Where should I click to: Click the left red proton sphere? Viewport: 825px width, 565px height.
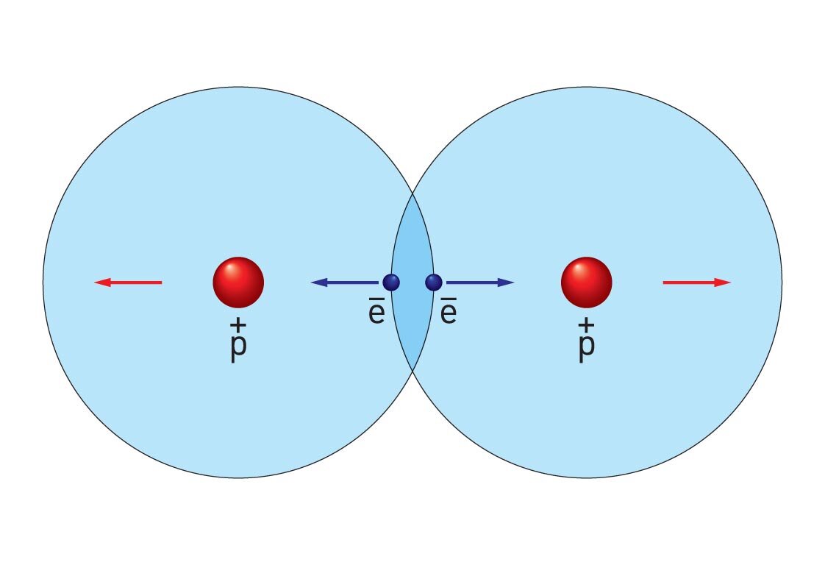238,282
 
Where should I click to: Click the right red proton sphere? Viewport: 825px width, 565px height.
586,282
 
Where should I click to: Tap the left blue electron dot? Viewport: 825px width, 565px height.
391,282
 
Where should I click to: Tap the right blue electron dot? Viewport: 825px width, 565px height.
434,282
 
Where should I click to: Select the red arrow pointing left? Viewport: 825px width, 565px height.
129,282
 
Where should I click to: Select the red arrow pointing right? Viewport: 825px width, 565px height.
696,282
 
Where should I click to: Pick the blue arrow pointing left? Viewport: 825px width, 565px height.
344,282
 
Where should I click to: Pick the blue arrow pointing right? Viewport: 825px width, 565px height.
480,282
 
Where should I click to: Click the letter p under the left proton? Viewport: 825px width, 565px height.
238,348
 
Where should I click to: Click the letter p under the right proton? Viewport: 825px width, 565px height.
586,348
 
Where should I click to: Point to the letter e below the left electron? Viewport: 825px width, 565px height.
376,314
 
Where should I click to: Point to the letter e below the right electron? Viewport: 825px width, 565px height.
449,314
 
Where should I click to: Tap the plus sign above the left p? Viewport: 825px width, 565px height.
238,324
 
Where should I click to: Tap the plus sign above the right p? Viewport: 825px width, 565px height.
586,324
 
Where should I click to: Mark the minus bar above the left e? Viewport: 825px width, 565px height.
376,300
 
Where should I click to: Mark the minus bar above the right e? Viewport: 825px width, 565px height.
449,300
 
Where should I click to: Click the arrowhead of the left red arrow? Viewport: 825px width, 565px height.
102,282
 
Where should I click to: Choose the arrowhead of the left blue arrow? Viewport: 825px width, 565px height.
318,282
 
